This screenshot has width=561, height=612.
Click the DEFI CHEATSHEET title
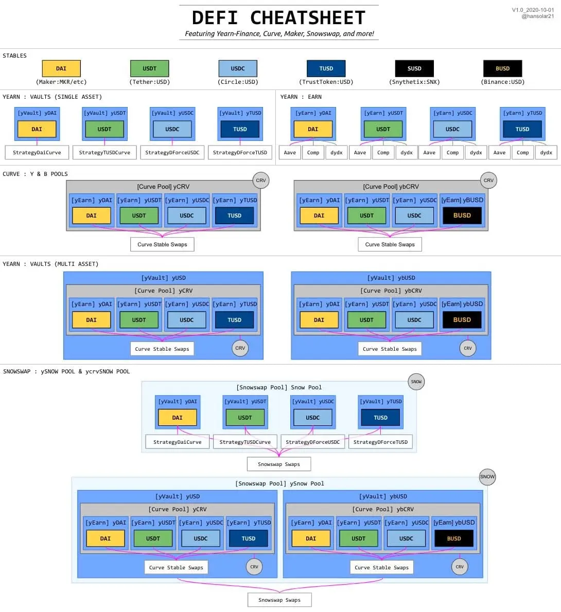coord(279,18)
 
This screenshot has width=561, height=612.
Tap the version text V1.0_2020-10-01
coord(533,10)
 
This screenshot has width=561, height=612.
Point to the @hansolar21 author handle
coord(537,16)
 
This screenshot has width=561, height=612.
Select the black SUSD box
coord(414,68)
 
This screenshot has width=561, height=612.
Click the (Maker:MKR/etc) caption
coord(61,82)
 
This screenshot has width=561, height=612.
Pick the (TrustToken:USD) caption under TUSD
coord(326,82)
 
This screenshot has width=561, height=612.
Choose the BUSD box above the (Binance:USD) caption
coord(503,68)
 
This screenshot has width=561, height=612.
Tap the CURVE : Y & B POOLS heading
coord(35,174)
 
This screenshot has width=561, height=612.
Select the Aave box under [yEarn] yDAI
coord(290,153)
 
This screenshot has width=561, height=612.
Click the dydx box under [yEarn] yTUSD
coord(546,153)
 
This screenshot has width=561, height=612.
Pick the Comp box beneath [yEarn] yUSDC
coord(452,153)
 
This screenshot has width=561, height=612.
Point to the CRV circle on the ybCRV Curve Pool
coord(488,181)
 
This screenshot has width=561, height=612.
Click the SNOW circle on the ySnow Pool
coord(487,477)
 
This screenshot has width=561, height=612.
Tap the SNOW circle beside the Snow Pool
coord(416,382)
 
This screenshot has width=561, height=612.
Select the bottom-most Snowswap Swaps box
coord(279,600)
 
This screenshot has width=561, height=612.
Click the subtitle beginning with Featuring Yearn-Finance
coord(279,33)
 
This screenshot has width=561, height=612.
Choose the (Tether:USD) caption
coord(150,82)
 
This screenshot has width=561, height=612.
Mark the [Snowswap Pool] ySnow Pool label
coord(279,483)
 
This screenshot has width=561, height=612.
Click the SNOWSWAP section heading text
coord(66,371)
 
